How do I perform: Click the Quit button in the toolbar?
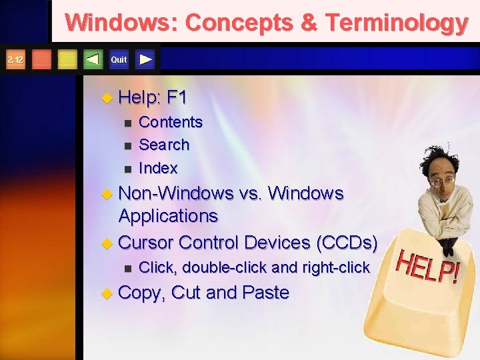119,60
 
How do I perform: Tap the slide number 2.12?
15,60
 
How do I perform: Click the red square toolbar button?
41,60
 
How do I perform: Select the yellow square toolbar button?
67,60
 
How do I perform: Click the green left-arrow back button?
93,60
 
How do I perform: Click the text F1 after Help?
177,98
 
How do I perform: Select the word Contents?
170,122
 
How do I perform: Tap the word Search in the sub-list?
164,145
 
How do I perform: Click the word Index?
158,167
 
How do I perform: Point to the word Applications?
168,216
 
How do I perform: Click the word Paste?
266,293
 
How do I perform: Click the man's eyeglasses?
444,180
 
